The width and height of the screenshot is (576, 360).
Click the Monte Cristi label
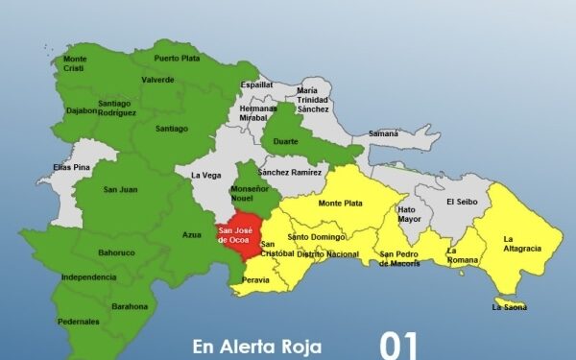click(75, 63)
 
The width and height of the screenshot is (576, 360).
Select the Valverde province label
click(157, 80)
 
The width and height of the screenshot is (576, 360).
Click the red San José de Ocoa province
click(235, 236)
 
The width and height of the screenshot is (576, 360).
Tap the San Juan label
click(120, 189)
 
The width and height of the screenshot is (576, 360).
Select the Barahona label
click(130, 306)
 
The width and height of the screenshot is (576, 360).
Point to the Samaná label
click(383, 133)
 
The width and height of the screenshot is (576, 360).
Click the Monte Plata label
click(341, 204)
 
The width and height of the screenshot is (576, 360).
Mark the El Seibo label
click(462, 202)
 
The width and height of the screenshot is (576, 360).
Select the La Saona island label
click(510, 307)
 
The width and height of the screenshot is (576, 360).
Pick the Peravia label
click(256, 279)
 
